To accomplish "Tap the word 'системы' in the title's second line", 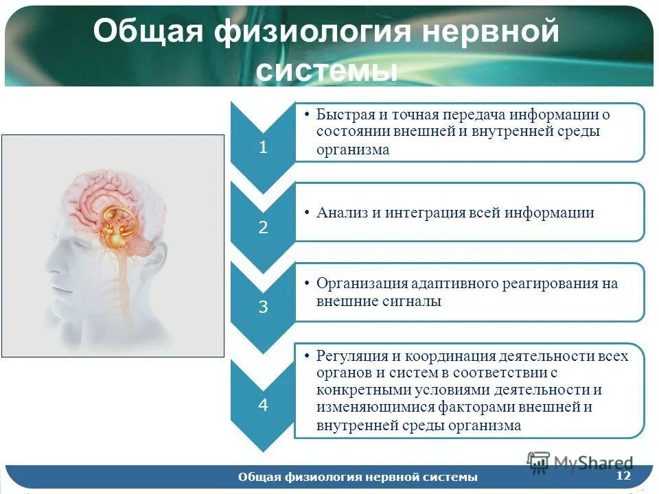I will [x=327, y=69].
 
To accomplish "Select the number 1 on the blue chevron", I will [x=263, y=148].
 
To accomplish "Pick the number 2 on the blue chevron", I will [x=263, y=227].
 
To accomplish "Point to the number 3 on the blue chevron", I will [x=263, y=307].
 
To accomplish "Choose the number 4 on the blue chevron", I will [x=263, y=405].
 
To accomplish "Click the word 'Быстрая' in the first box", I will [x=343, y=115].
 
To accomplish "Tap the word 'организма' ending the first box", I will [x=353, y=150].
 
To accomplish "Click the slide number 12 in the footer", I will [x=623, y=475].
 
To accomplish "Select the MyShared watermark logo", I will [x=580, y=462].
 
